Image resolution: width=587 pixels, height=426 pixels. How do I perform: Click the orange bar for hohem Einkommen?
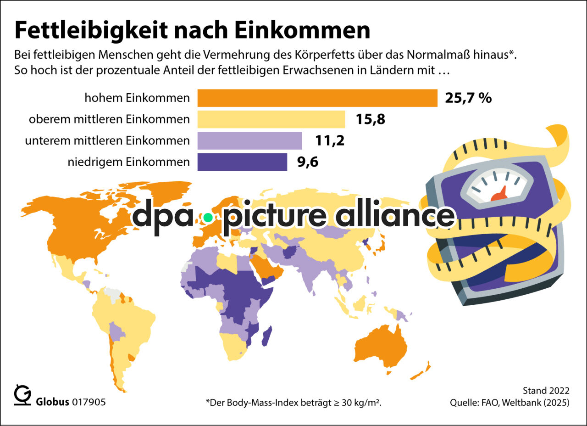[317, 98]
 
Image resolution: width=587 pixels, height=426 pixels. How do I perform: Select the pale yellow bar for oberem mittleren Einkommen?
[271, 119]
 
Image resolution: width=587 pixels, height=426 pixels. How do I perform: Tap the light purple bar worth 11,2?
[249, 140]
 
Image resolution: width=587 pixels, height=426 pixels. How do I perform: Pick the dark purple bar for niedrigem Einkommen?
[242, 162]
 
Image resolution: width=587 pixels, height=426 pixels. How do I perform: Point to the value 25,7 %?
[468, 98]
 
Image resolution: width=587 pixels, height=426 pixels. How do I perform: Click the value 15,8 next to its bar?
[370, 119]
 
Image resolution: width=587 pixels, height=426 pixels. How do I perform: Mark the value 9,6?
[308, 162]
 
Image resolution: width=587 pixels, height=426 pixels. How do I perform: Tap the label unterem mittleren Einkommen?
[107, 140]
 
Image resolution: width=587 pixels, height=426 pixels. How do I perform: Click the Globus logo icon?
[22, 395]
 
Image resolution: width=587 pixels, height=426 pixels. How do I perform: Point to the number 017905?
[89, 402]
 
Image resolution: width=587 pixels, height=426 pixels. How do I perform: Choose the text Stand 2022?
[546, 391]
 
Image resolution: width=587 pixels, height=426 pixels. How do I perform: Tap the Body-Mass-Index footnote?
[294, 403]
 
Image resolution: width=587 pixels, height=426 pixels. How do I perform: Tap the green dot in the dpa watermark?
[208, 218]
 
